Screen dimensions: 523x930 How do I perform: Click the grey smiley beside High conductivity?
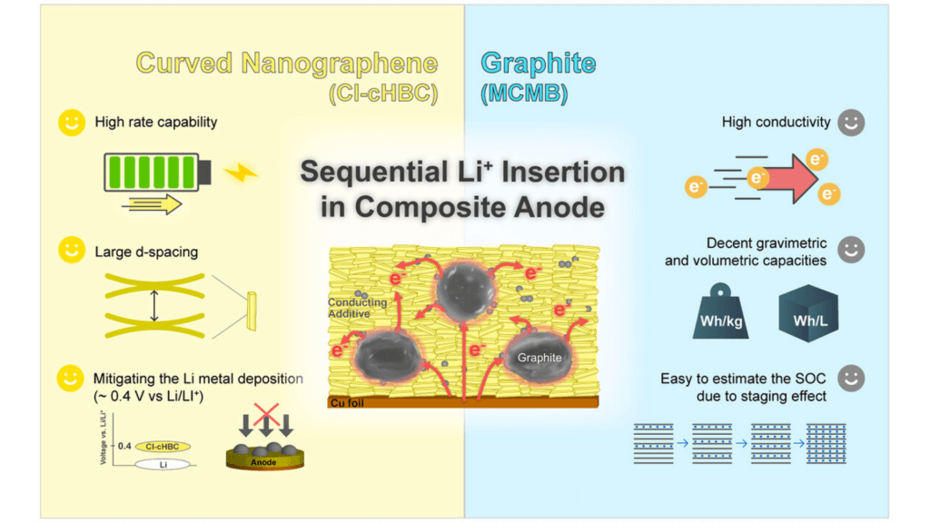point(850,123)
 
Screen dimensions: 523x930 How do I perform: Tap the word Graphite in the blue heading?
point(539,64)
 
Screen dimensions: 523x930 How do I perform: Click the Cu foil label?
point(348,402)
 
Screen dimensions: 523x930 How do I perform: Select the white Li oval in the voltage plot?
point(163,465)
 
